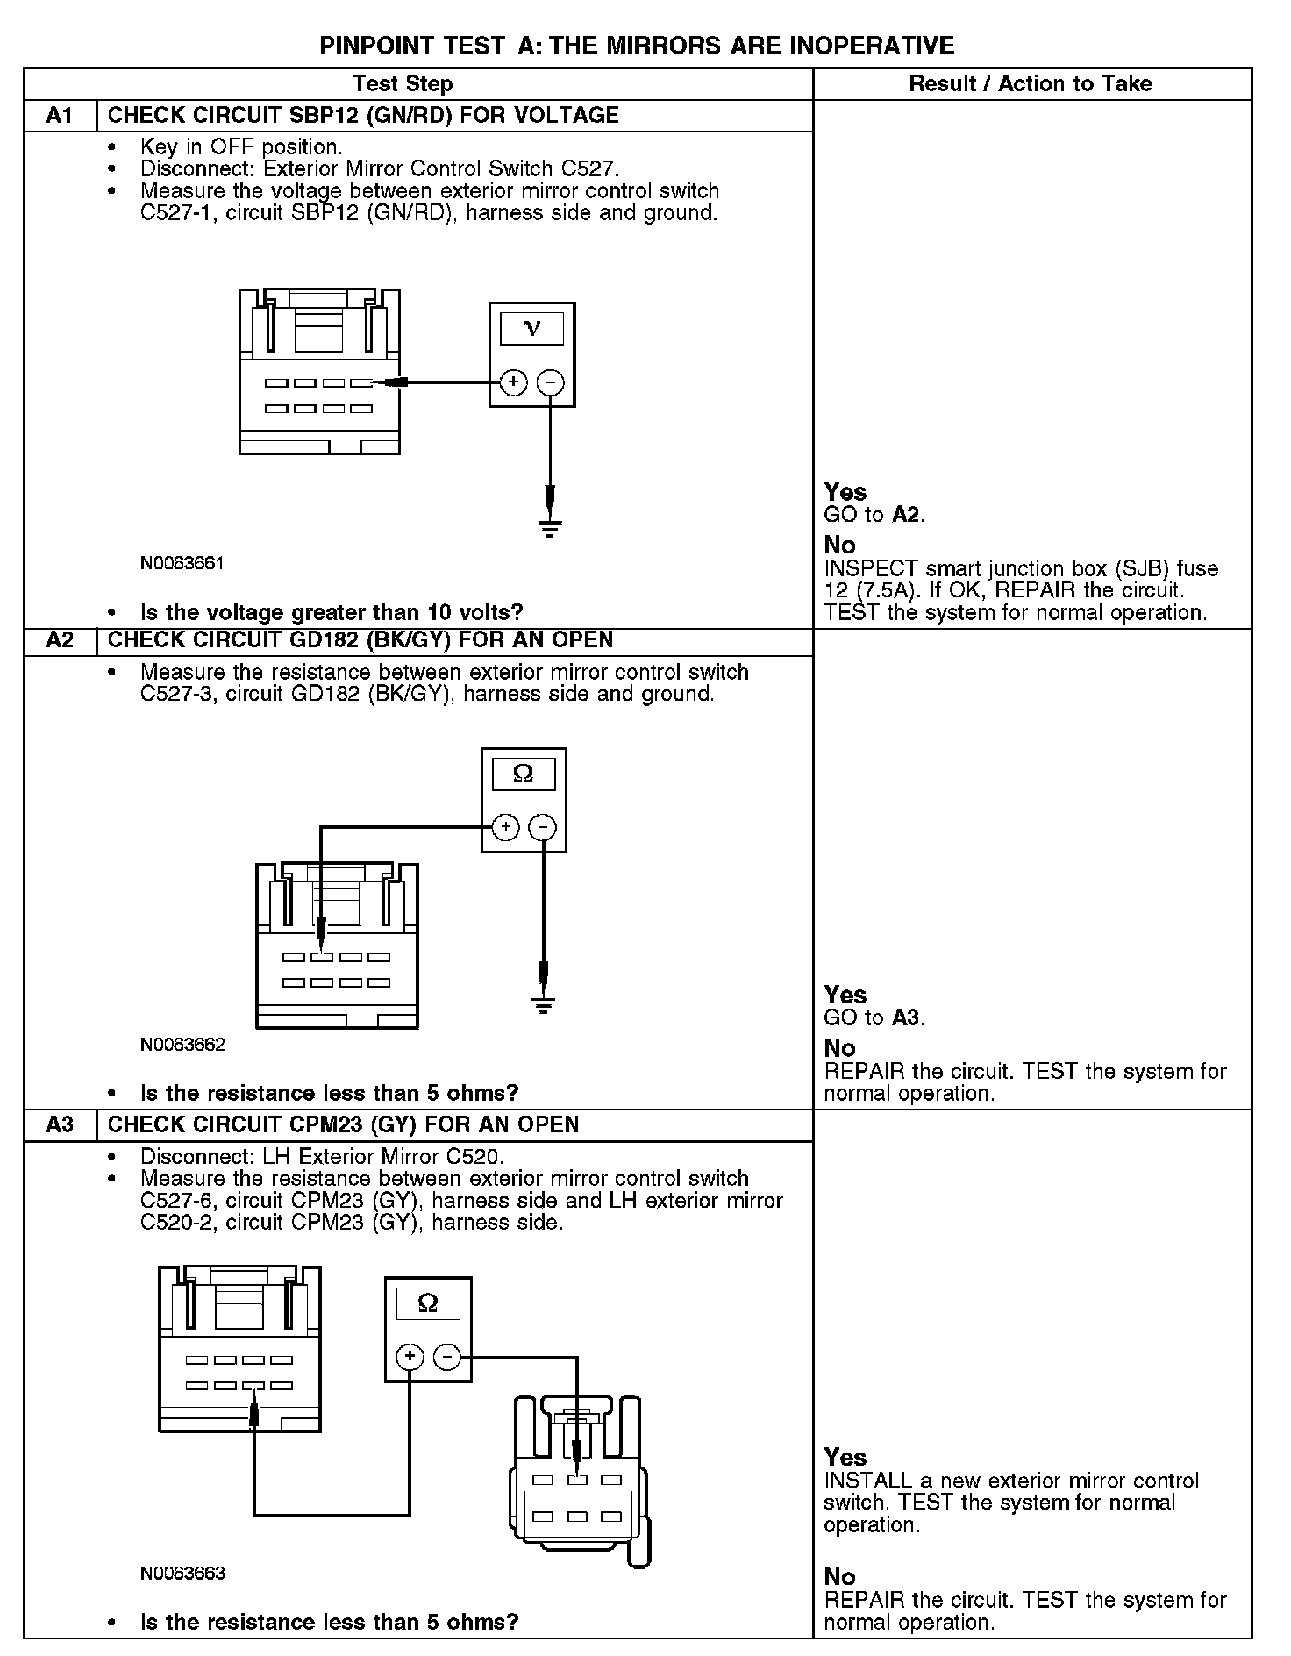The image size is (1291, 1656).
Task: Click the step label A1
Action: (59, 116)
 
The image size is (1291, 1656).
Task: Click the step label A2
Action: (59, 640)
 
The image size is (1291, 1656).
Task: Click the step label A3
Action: (59, 1124)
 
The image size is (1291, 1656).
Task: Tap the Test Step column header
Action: (403, 84)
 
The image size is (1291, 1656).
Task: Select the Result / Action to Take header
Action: (1031, 84)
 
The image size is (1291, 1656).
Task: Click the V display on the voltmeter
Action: (531, 329)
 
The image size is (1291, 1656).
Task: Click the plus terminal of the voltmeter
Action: (513, 382)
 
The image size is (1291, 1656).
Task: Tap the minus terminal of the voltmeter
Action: (550, 382)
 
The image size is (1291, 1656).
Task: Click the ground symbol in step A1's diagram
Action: (550, 528)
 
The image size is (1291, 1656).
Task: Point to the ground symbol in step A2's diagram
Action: (544, 1005)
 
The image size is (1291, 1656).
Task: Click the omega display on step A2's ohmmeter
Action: (523, 774)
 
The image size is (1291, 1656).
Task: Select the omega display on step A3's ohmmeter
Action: (428, 1303)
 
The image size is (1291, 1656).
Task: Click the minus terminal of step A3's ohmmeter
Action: (447, 1358)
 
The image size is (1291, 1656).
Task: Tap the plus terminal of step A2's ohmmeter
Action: (505, 827)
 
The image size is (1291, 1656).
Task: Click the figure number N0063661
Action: (182, 563)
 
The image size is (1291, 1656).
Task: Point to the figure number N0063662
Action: (182, 1045)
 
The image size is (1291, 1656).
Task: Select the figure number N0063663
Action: (182, 1573)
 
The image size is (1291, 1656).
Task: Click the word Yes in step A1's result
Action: (845, 492)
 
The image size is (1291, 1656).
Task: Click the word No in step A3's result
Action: (839, 1576)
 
